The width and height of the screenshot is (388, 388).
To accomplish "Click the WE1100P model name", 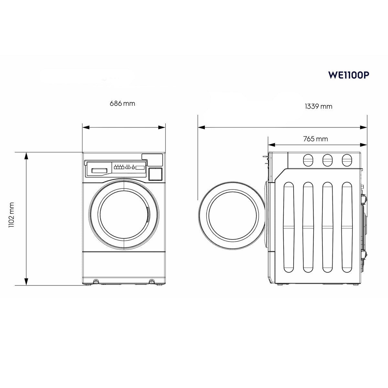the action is tap(349, 75).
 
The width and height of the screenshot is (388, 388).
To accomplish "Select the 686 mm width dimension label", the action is tap(122, 103).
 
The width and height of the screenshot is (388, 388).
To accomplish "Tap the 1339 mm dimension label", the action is tap(318, 106).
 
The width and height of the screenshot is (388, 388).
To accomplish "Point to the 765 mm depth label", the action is tap(316, 139).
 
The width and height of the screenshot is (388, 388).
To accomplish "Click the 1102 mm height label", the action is tap(11, 215).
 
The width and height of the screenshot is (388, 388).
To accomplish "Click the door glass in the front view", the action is tap(124, 215).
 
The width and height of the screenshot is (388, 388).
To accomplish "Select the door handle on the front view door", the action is tap(148, 214).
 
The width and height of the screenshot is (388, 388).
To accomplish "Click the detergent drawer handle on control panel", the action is tap(99, 170).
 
